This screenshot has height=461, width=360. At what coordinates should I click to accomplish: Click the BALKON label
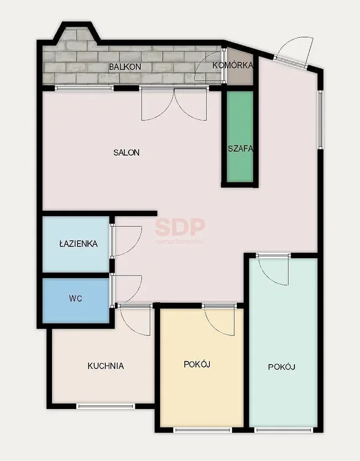click(125, 67)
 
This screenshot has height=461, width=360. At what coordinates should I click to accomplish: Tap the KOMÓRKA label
click(233, 65)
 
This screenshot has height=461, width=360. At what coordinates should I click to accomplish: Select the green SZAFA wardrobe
click(240, 137)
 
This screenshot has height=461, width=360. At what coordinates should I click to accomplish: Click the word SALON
click(127, 153)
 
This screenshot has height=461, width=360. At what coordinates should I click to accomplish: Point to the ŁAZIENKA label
click(79, 243)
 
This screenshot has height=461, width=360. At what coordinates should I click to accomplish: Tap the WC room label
click(75, 298)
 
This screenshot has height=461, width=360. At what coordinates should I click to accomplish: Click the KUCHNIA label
click(106, 366)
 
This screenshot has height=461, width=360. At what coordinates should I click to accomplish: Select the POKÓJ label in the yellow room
click(197, 365)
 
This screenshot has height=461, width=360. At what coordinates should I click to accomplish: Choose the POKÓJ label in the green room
click(281, 367)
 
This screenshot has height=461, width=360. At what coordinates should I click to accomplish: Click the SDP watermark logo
click(180, 227)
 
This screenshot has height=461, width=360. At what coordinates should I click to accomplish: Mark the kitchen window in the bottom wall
click(106, 407)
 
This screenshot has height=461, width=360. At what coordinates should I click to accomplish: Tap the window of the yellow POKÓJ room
click(203, 430)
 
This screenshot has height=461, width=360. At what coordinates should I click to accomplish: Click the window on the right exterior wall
click(320, 120)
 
